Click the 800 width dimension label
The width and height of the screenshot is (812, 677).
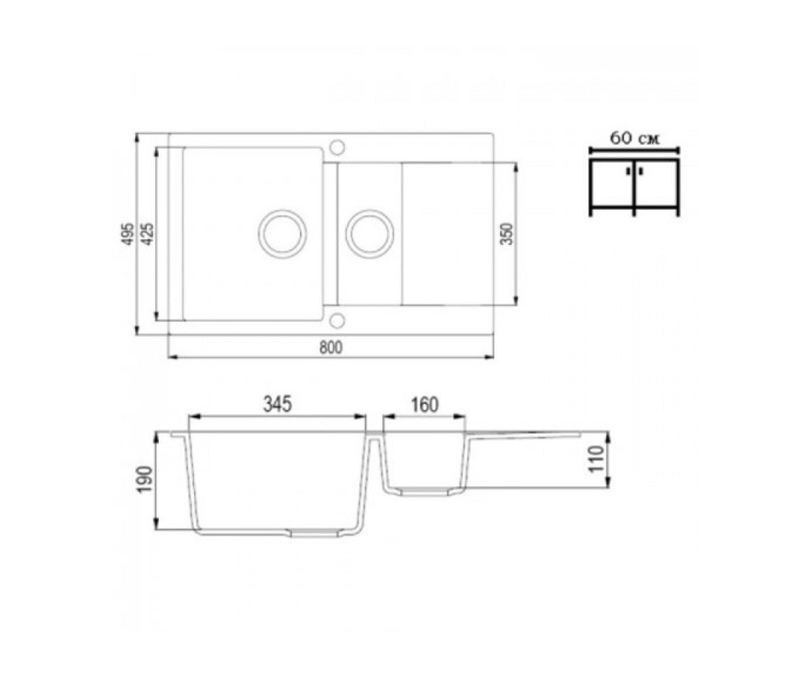[x=331, y=347]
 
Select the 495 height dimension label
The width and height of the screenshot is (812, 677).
[x=128, y=234]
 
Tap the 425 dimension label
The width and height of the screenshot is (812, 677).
[x=148, y=234]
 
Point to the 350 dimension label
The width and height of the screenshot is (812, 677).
[x=507, y=234]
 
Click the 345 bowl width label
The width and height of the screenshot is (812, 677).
[x=277, y=405]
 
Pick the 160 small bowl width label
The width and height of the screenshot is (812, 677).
[x=424, y=405]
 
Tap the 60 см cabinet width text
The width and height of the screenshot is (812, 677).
[x=634, y=138]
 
